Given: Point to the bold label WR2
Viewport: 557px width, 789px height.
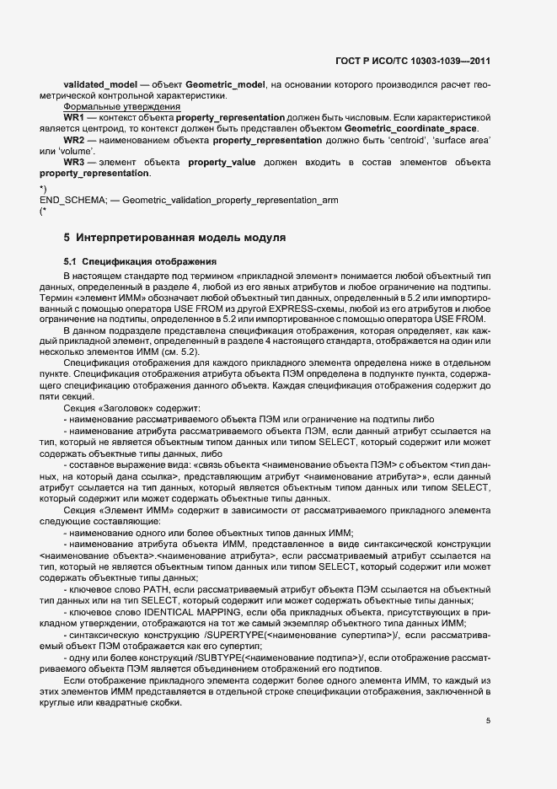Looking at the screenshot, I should (x=74, y=138).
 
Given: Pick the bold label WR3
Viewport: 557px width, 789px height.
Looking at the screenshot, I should (x=74, y=161).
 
